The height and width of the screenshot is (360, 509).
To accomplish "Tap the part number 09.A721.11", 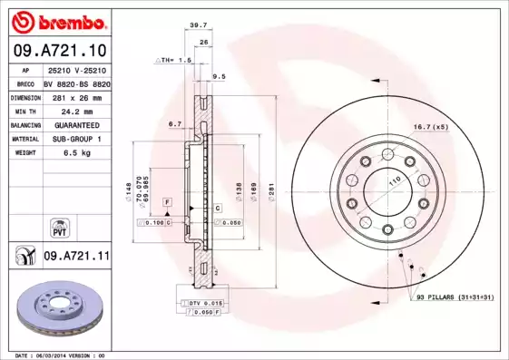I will (76, 257).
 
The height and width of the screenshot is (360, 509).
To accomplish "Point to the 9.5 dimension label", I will (218, 77).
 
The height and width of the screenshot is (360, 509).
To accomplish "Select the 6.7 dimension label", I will (175, 124).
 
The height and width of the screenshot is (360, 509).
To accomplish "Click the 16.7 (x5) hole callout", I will (431, 127).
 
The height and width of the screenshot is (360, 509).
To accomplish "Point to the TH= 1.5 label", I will (174, 60).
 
